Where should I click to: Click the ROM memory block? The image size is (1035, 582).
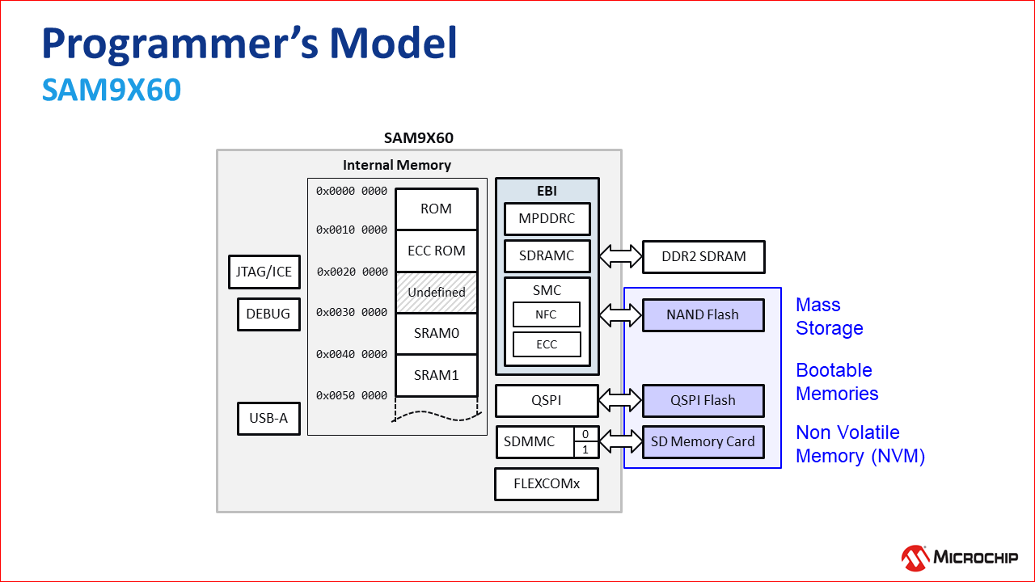(x=436, y=209)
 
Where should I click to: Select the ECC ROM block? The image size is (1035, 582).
(x=436, y=251)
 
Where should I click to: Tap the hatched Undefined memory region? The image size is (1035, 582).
(x=436, y=292)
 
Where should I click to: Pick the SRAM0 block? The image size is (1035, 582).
(x=436, y=333)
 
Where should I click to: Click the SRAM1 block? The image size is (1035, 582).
(x=436, y=375)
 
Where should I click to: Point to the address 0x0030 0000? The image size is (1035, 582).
(x=352, y=313)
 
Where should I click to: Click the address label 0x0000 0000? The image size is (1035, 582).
(x=352, y=192)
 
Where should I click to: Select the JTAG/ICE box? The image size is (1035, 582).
(x=263, y=272)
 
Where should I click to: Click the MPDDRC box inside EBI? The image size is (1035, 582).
(x=547, y=218)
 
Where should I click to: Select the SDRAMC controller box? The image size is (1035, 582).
(x=547, y=256)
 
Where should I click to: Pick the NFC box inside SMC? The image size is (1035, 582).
(x=547, y=314)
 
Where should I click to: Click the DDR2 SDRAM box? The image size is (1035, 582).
(x=703, y=257)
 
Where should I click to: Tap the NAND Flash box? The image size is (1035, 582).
(x=703, y=315)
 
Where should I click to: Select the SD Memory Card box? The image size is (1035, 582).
(x=703, y=442)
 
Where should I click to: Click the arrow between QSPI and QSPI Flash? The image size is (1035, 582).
(x=620, y=400)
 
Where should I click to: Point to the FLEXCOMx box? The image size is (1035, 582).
(x=547, y=484)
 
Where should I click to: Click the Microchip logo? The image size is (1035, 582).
(x=960, y=557)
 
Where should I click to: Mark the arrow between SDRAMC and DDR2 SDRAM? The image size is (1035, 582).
(x=620, y=257)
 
